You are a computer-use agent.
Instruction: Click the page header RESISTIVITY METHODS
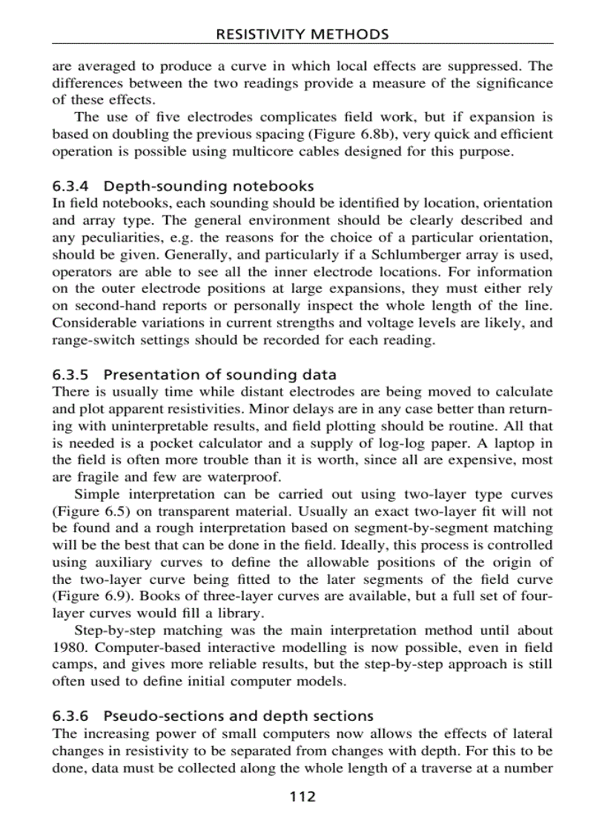pyautogui.click(x=302, y=34)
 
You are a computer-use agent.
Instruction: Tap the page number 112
pyautogui.click(x=302, y=796)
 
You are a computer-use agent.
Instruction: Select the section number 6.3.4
pyautogui.click(x=70, y=186)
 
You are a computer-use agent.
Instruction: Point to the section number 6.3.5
pyautogui.click(x=70, y=374)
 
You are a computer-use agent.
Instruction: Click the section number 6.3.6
pyautogui.click(x=70, y=716)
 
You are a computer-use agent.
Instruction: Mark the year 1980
pyautogui.click(x=68, y=648)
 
